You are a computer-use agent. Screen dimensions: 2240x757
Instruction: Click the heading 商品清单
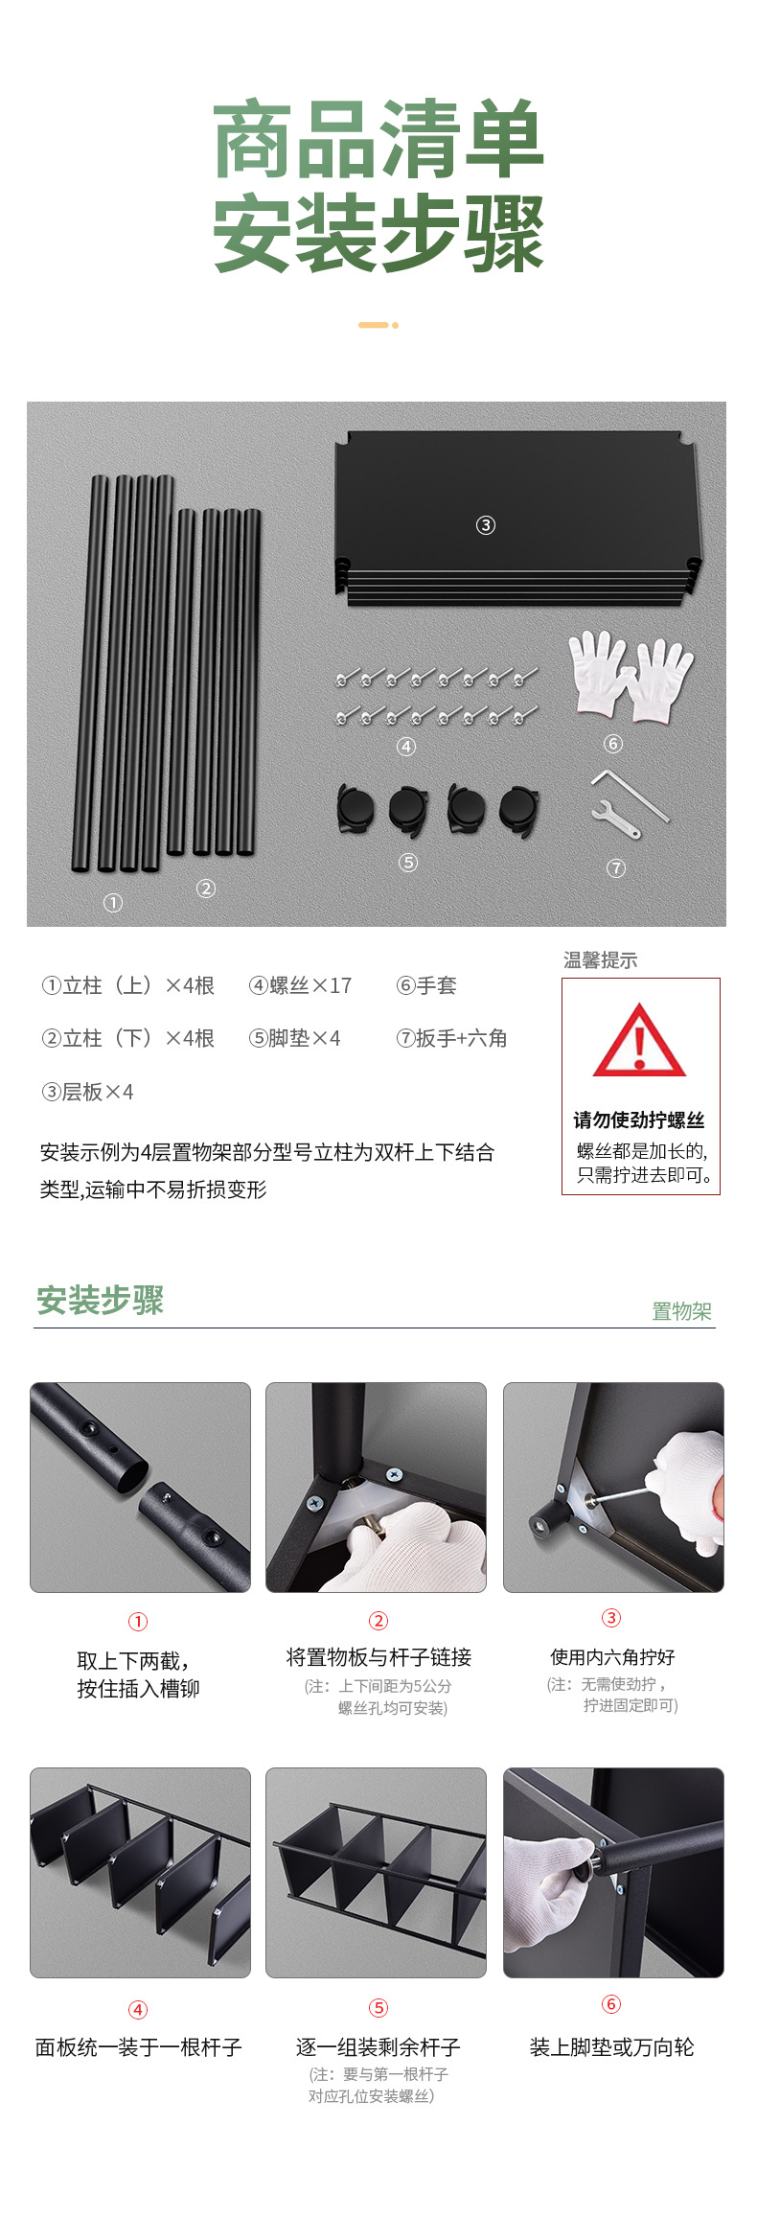378,140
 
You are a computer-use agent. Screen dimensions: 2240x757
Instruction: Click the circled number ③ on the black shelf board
486,525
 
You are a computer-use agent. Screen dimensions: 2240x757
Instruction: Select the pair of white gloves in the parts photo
630,676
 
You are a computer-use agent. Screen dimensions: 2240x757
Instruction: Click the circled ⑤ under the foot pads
408,863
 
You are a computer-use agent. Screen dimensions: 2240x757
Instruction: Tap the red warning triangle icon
639,1042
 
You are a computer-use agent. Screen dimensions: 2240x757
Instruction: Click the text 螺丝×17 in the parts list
301,985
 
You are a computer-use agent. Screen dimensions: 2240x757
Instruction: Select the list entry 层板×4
88,1092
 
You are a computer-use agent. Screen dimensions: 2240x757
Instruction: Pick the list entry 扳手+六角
451,1038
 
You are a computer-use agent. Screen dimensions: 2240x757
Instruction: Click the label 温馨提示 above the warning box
600,959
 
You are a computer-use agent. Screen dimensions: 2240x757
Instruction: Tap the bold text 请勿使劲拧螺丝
639,1120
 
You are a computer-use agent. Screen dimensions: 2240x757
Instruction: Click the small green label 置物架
681,1311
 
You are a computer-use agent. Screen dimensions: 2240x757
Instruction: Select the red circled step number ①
138,1622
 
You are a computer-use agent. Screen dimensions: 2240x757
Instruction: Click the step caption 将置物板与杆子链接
378,1657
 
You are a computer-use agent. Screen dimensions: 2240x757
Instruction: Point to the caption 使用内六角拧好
612,1657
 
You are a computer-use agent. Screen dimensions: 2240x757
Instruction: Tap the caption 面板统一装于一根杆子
139,2047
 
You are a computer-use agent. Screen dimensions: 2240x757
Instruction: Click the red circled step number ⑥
611,2004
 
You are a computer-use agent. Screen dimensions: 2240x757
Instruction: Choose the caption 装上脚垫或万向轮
611,2047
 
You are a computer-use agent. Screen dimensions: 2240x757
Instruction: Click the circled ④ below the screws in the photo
406,747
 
